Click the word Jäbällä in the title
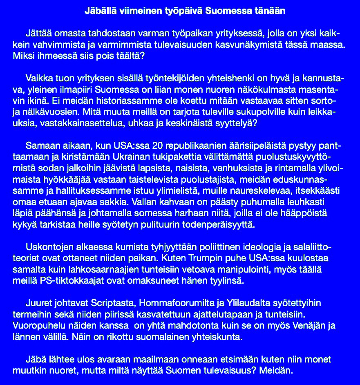(98, 11)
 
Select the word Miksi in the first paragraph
(22, 55)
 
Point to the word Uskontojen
(46, 247)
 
